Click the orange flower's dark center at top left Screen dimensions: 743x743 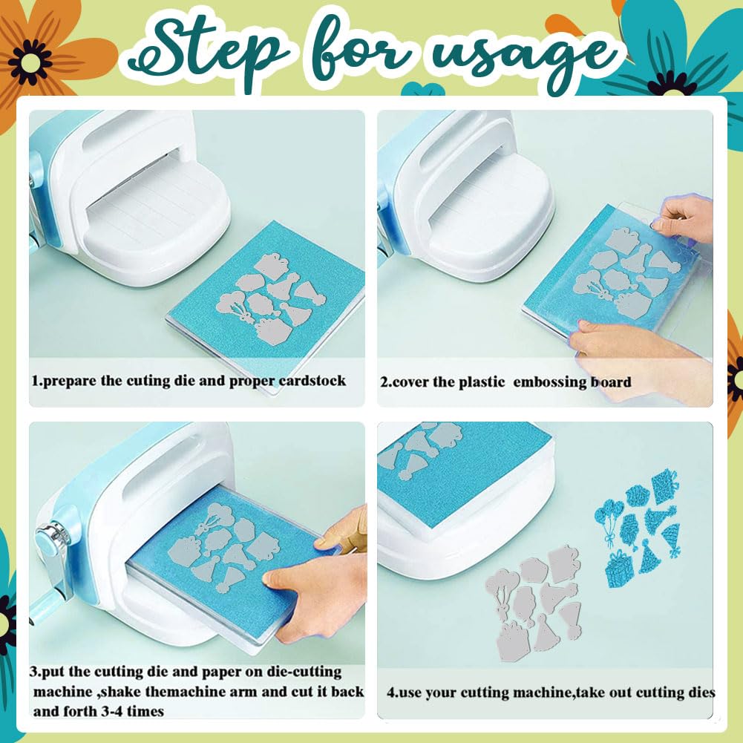[x=30, y=62]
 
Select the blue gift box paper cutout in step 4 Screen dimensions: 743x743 [x=619, y=569]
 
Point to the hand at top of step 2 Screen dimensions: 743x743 [x=684, y=218]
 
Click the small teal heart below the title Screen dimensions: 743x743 [x=422, y=89]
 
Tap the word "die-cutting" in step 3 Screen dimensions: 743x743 [x=304, y=672]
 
